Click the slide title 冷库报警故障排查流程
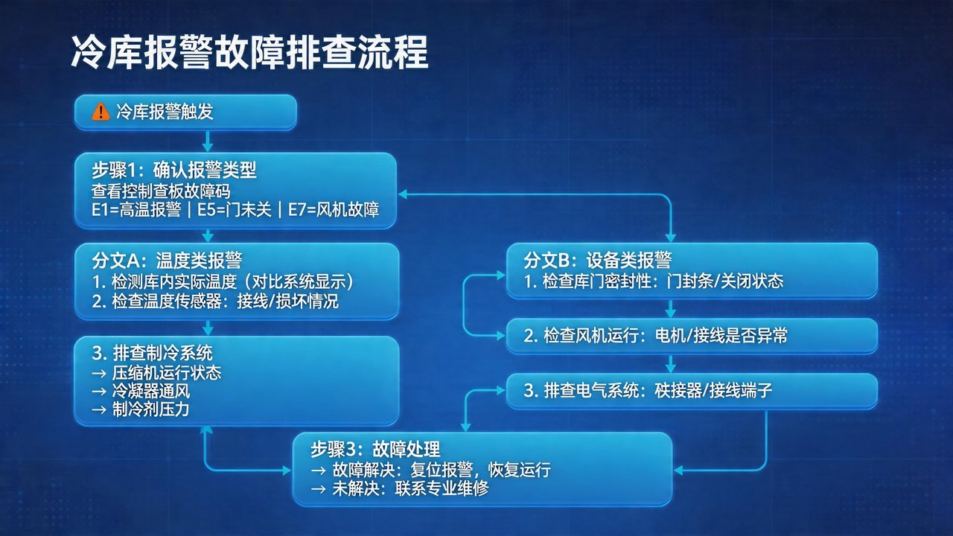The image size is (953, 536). click(249, 52)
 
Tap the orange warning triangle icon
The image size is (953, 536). click(100, 112)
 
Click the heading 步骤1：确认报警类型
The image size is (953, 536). click(174, 170)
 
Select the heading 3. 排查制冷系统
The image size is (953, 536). click(152, 352)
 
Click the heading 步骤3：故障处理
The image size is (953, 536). click(375, 449)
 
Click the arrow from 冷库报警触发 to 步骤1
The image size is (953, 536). click(208, 140)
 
